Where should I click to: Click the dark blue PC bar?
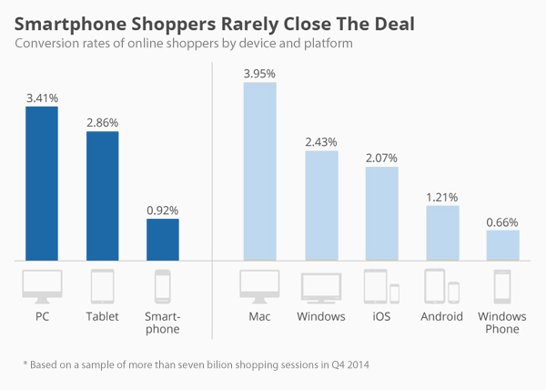point(42,183)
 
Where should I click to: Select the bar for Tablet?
point(102,196)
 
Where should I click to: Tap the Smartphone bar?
point(163,239)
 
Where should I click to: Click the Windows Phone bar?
point(503,245)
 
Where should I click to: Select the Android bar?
point(442,232)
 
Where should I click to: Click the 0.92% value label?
point(163,209)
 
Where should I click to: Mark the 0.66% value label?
point(503,221)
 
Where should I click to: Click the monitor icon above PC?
point(42,286)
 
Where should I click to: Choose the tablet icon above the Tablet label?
point(102,286)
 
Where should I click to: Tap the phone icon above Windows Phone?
point(503,286)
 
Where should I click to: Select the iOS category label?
point(382,317)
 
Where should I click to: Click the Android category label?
point(442,317)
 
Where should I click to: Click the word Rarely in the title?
point(230,19)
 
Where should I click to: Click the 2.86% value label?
point(102,121)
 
